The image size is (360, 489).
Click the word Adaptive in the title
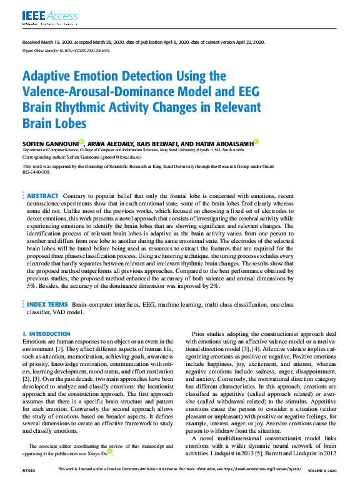[x=49, y=77]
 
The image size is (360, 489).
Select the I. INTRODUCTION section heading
[x=46, y=334]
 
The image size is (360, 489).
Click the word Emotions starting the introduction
[x=34, y=342]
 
